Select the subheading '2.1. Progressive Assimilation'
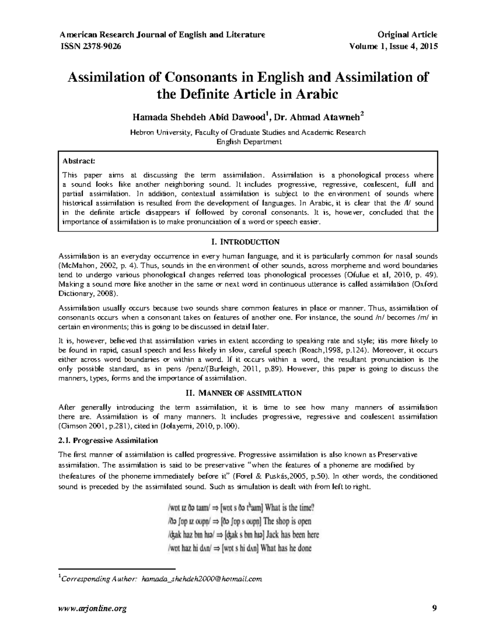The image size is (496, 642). (108, 441)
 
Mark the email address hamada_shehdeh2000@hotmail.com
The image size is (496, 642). (202, 579)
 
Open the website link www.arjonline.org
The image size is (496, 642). (93, 608)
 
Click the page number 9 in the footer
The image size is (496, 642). (434, 608)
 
